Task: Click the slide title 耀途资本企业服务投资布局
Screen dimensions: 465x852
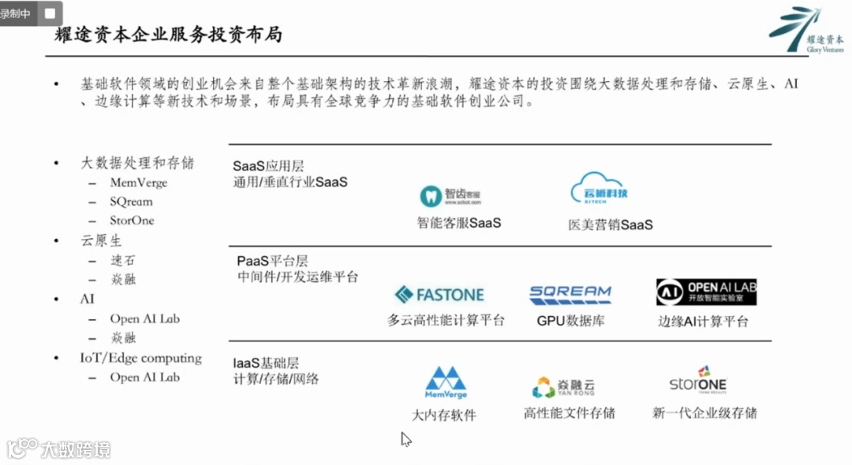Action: [168, 35]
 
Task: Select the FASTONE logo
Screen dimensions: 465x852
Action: [439, 295]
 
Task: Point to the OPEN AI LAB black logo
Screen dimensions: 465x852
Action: [706, 292]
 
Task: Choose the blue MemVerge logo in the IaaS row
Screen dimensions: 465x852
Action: [446, 382]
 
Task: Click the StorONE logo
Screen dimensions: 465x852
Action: [698, 381]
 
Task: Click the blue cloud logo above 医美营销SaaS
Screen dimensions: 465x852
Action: [599, 190]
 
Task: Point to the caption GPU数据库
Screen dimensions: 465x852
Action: [570, 321]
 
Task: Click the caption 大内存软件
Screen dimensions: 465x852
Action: [444, 415]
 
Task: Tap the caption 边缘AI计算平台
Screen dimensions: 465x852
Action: [704, 322]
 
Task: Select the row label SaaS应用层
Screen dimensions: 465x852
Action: [269, 166]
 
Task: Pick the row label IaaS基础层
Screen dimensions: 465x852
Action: [266, 363]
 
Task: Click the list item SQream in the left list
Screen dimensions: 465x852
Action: [131, 202]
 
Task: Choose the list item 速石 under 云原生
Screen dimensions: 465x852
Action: [123, 261]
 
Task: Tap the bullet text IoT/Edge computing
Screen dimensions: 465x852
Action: [140, 358]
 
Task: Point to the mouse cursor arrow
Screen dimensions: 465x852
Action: [405, 439]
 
